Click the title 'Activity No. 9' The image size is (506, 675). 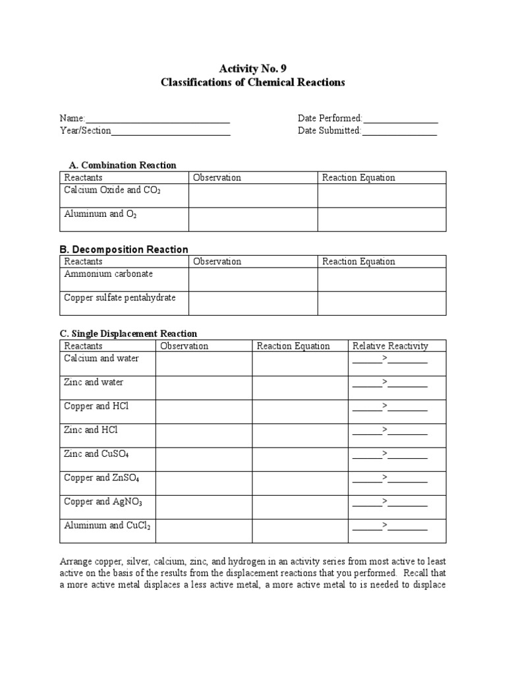coord(252,68)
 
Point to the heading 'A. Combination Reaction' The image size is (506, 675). coord(123,165)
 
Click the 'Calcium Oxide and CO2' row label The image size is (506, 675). coord(113,190)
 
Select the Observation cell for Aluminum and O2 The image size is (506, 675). coord(253,220)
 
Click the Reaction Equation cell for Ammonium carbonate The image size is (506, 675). coord(382,279)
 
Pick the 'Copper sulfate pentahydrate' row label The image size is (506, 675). coord(120,297)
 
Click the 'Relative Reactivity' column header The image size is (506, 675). coord(390,345)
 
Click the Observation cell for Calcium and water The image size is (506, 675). coord(204,363)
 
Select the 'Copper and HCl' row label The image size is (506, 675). coord(96,406)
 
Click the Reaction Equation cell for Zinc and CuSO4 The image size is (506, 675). coord(300,459)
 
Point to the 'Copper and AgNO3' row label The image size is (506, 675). coord(103,502)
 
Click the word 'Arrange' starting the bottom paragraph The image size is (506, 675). coord(76,560)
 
